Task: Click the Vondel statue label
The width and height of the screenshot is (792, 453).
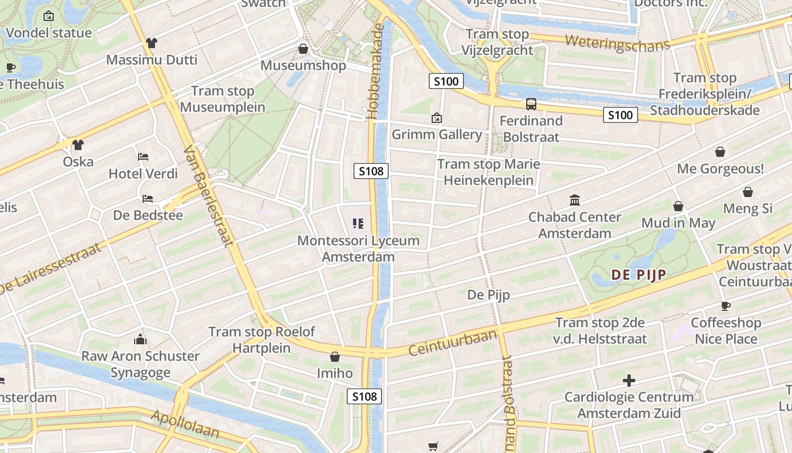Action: point(49,33)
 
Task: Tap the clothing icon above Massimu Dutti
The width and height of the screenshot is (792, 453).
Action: point(151,43)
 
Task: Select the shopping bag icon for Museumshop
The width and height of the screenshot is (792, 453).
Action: point(303,49)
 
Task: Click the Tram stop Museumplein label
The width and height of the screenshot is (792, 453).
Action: point(222,99)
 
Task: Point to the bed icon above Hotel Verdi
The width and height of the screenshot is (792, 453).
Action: point(143,157)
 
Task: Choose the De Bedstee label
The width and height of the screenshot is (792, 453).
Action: point(148,215)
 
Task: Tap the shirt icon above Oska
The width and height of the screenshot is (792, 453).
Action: point(78,145)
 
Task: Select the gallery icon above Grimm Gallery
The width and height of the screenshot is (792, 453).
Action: point(437,118)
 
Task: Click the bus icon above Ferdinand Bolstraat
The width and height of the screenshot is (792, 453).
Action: point(531,104)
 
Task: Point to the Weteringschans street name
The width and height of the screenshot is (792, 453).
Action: point(617,43)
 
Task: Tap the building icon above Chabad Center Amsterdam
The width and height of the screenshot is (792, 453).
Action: point(575,200)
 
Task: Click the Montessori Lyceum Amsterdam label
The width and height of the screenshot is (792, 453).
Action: point(358,249)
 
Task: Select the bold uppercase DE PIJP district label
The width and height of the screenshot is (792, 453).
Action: point(638,275)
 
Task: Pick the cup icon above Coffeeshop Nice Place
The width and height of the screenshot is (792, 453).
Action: point(726,306)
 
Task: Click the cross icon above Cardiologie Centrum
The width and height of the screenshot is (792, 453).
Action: point(629,381)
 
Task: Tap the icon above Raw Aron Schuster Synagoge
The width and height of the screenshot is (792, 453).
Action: point(140,340)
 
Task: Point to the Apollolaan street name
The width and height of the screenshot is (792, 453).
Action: point(185,424)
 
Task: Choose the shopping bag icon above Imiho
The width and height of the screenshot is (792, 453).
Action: point(335,357)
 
